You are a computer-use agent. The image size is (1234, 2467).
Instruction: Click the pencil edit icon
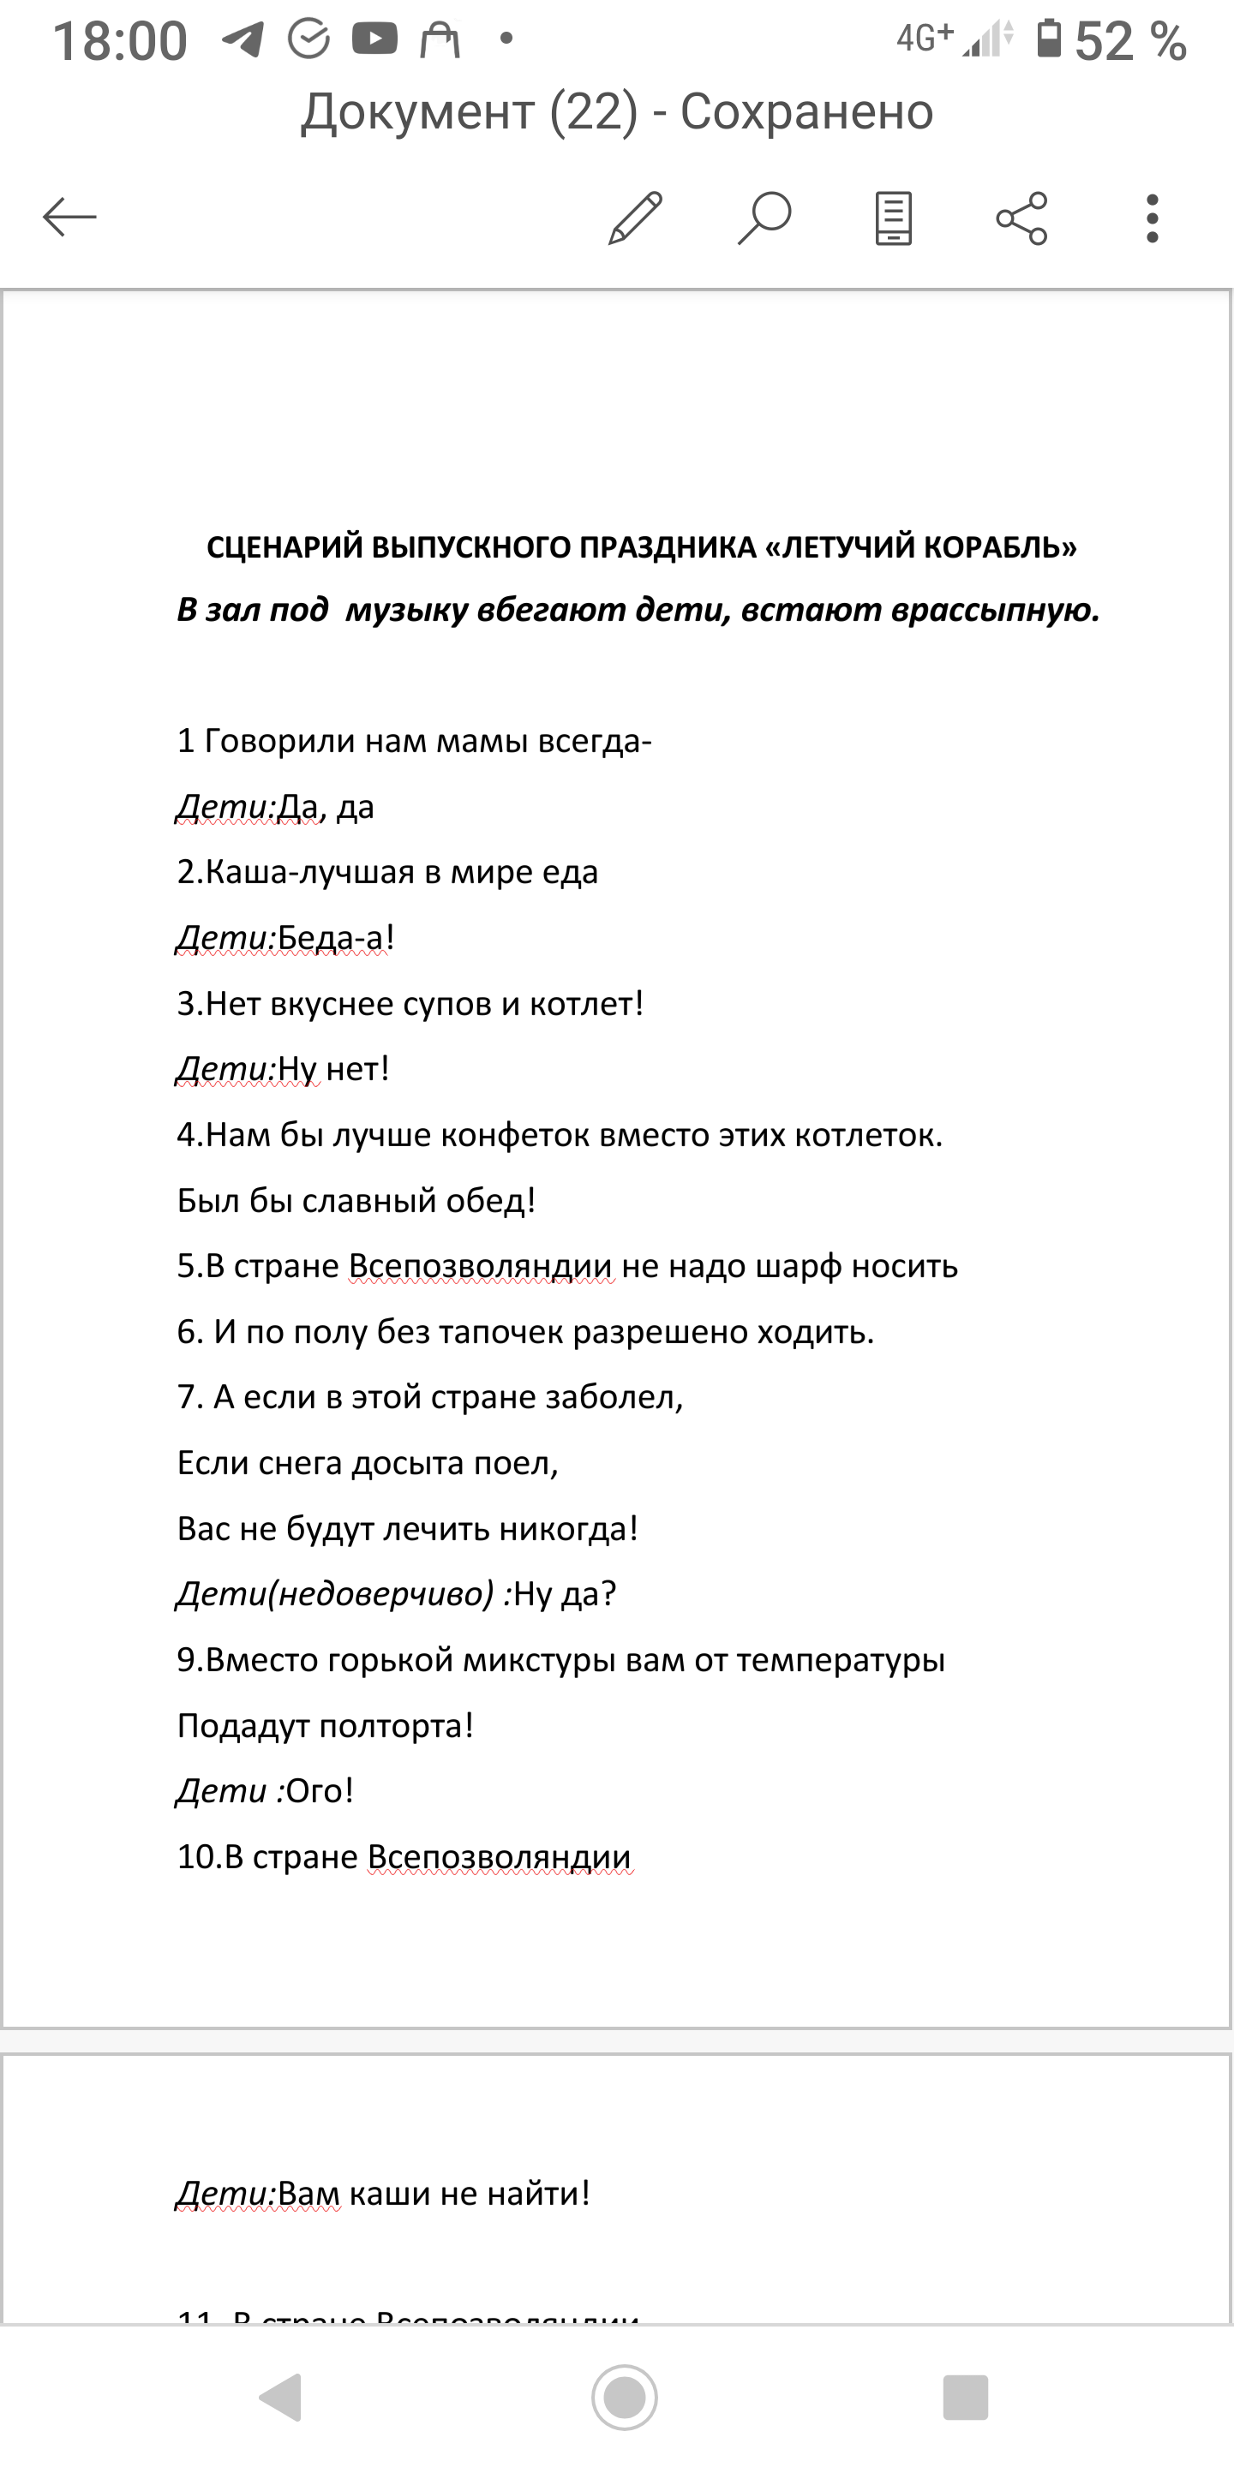point(636,218)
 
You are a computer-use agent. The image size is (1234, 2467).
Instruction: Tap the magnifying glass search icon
point(764,218)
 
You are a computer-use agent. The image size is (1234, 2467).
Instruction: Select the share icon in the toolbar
point(1022,218)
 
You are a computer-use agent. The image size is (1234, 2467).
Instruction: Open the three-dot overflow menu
point(1152,218)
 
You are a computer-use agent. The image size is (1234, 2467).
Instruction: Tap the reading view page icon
point(893,218)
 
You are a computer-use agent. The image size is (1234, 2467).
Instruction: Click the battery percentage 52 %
point(1130,42)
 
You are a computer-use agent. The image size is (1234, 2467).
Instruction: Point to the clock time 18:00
point(120,42)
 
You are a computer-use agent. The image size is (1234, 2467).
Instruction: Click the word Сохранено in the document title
point(806,112)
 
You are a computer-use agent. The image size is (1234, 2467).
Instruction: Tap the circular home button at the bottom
point(625,2397)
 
